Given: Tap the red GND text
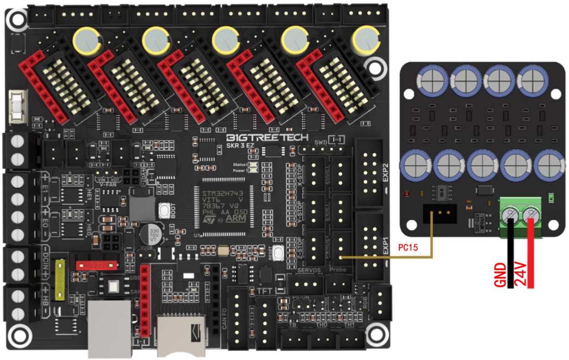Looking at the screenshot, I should tap(501, 274).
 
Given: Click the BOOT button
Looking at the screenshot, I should tap(164, 211).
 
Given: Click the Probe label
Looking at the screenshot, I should tap(339, 270).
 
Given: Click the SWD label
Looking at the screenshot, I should tap(321, 142).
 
